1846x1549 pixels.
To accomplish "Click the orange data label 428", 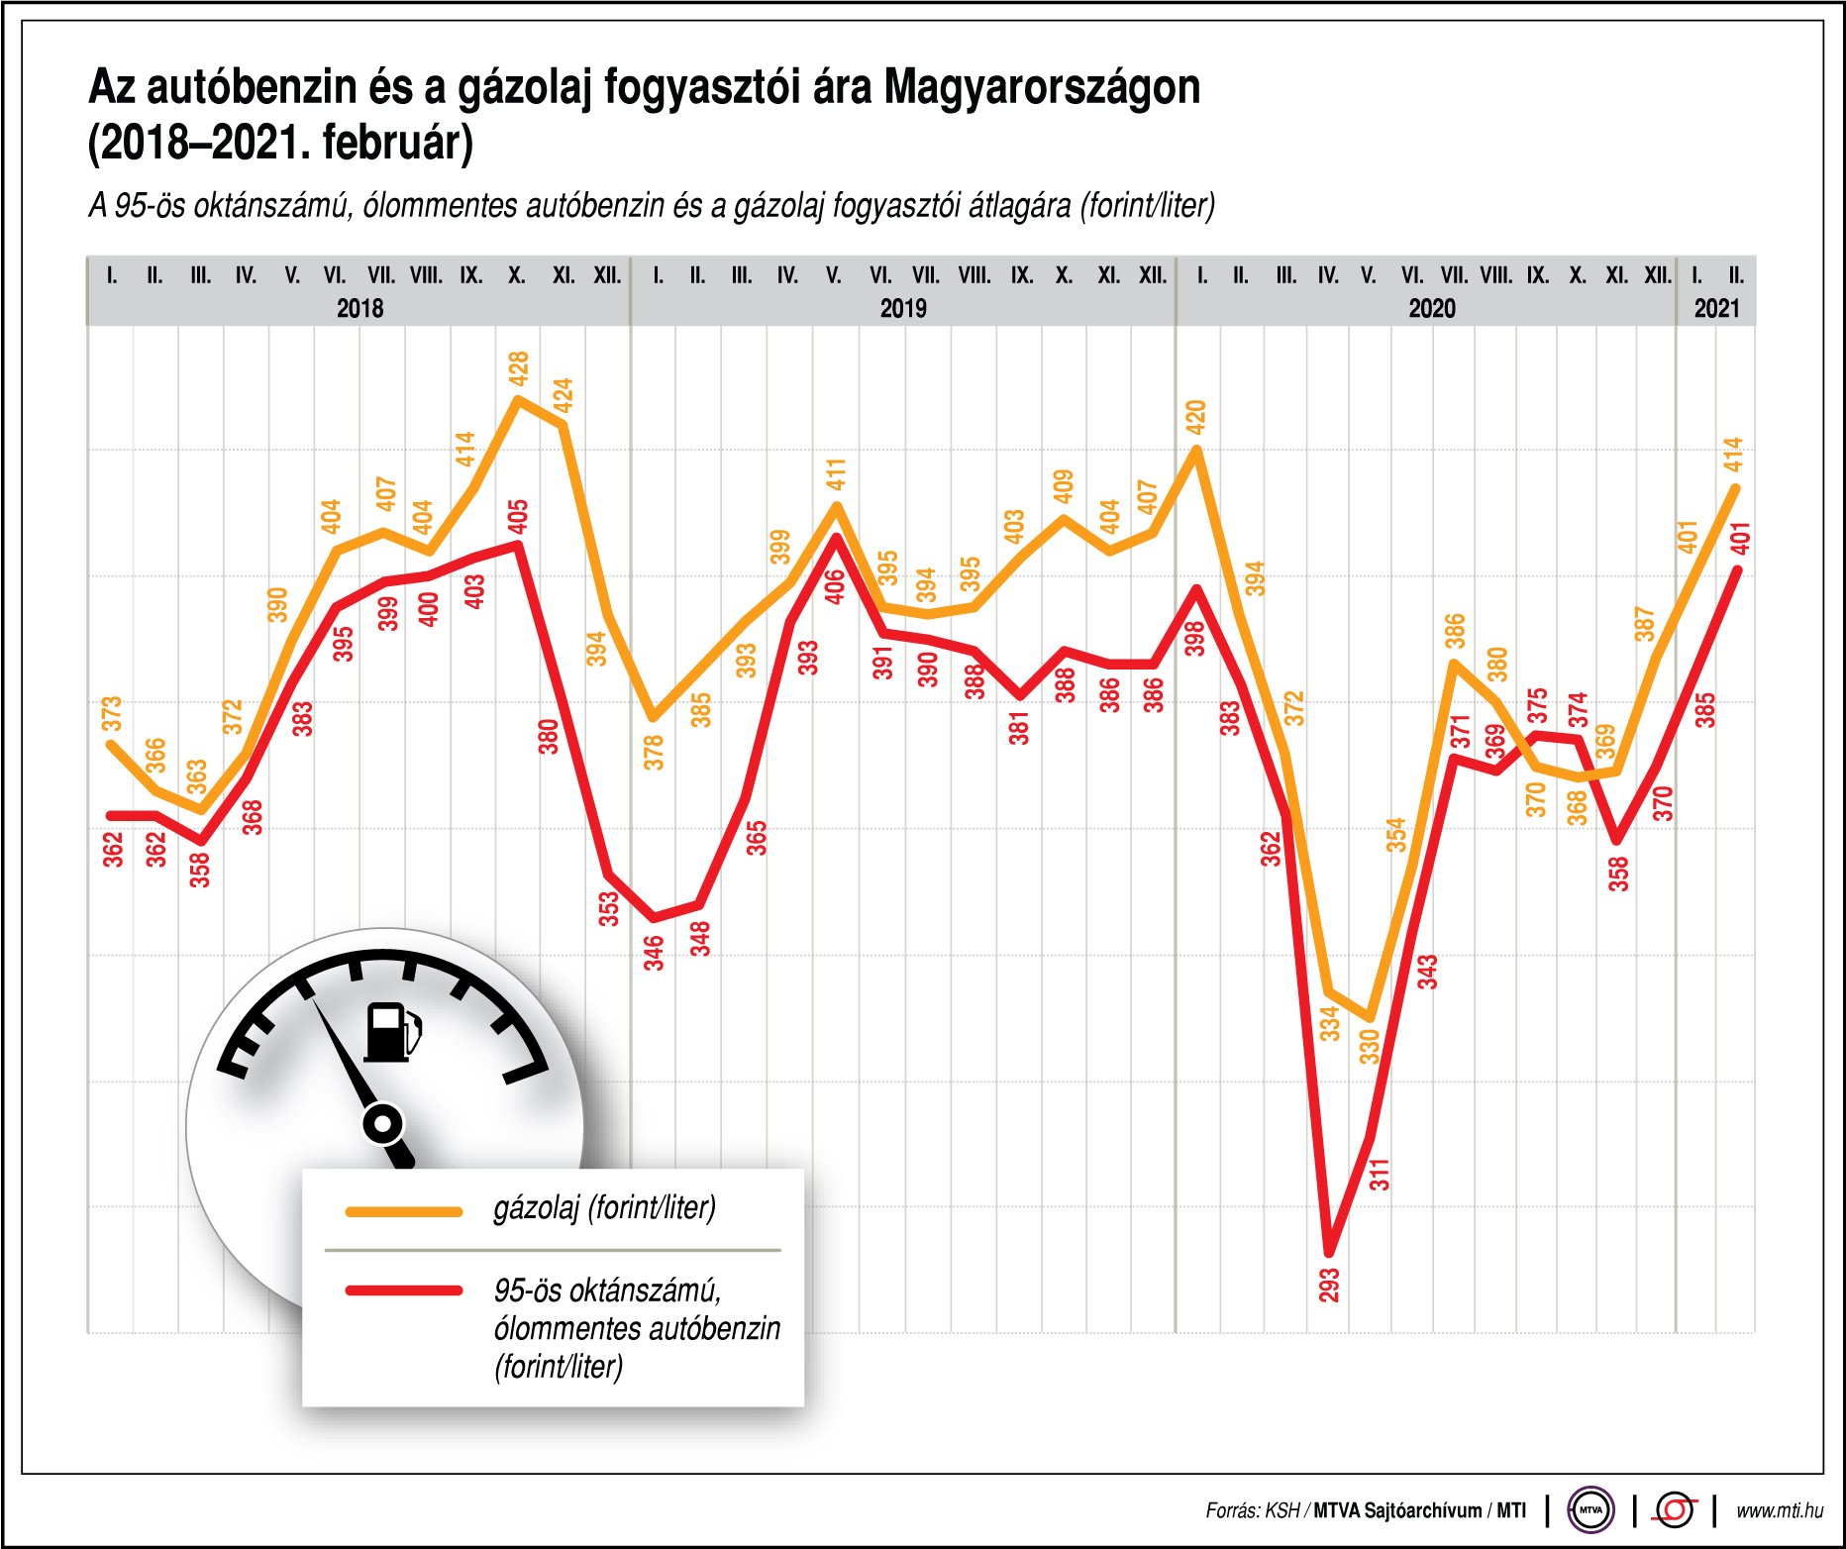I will tap(518, 368).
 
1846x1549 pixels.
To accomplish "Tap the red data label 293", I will tap(1329, 1285).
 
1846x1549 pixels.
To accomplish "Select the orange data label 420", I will tap(1195, 417).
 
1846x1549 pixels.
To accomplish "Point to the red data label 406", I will tap(835, 586).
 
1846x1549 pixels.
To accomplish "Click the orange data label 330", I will tap(1370, 1046).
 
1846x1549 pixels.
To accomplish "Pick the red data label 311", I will tap(1380, 1174).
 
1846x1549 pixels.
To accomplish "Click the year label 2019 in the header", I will tap(903, 308).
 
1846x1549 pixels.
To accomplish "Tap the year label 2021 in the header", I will tap(1716, 308).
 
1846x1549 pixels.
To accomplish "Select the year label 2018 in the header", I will tap(359, 308).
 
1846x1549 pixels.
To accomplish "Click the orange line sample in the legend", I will tap(404, 1211).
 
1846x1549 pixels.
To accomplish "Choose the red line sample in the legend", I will tap(404, 1291).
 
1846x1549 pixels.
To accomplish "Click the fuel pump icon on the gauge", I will tap(392, 1032).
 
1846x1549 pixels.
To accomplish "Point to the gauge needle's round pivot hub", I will tap(383, 1124).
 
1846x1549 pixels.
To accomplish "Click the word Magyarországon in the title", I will tap(1042, 87).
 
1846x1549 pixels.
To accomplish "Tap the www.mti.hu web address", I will tap(1779, 1510).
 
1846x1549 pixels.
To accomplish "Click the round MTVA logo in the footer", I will tap(1590, 1510).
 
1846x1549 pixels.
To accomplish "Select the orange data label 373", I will tap(112, 713).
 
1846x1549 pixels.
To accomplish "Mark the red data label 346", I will tap(654, 953).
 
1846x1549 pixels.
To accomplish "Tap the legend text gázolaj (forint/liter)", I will tap(604, 1208).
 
